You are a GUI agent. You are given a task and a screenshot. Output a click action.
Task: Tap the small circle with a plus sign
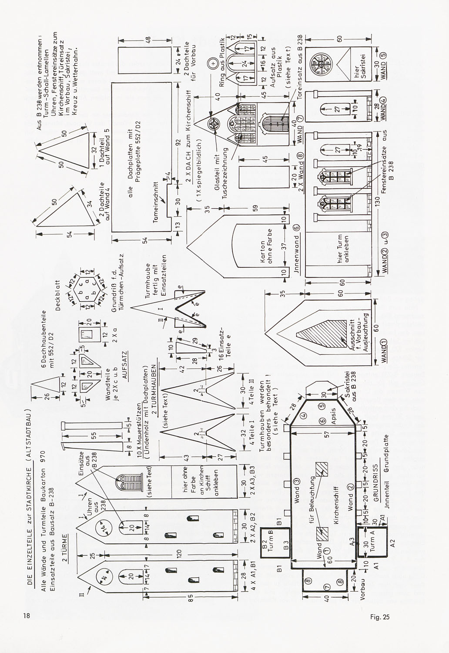point(213,64)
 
